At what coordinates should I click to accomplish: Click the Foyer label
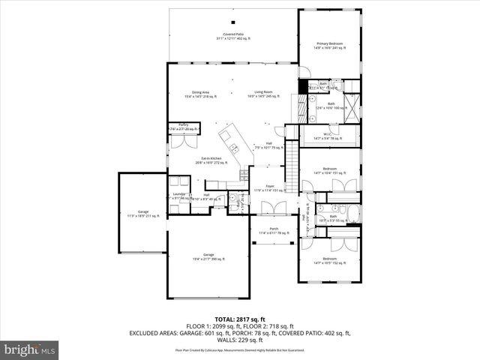click(x=269, y=188)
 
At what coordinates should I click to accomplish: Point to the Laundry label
click(x=178, y=196)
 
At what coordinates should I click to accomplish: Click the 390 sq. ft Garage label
click(x=208, y=257)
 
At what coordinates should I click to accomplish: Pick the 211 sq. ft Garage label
click(x=142, y=214)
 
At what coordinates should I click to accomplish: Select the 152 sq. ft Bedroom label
click(x=329, y=260)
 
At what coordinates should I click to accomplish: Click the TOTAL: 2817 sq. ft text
click(x=240, y=319)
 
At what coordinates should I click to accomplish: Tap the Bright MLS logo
click(x=30, y=349)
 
